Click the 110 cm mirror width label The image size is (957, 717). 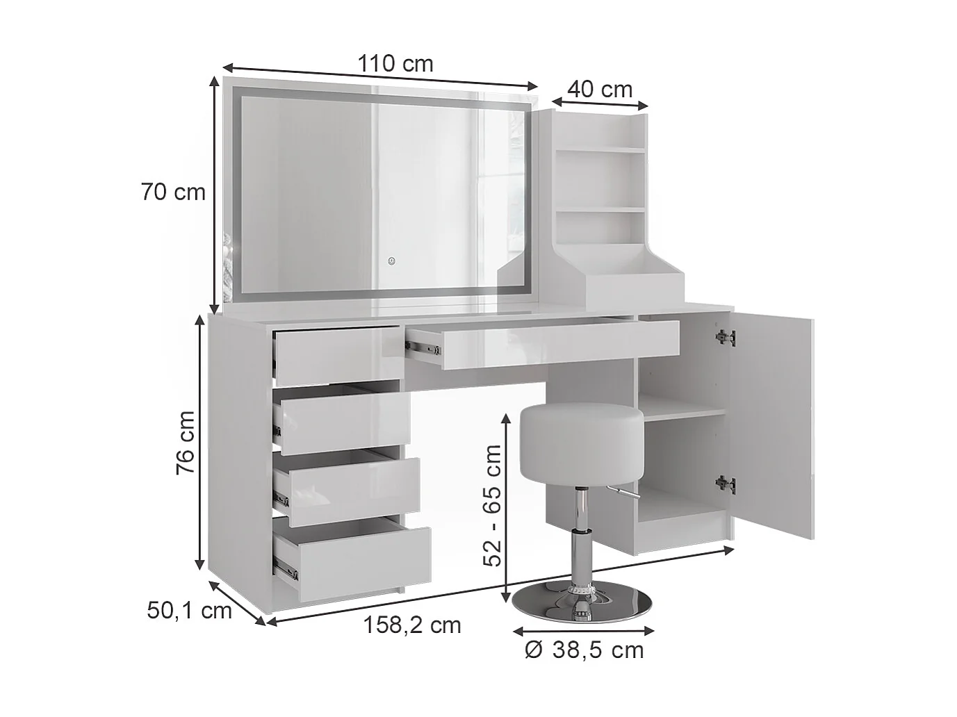pyautogui.click(x=395, y=64)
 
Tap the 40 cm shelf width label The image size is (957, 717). pyautogui.click(x=600, y=90)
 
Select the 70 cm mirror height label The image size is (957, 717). pyautogui.click(x=173, y=192)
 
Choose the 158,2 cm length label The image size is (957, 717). pyautogui.click(x=412, y=625)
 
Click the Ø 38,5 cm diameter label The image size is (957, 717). pyautogui.click(x=584, y=650)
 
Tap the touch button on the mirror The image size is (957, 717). pyautogui.click(x=391, y=262)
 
